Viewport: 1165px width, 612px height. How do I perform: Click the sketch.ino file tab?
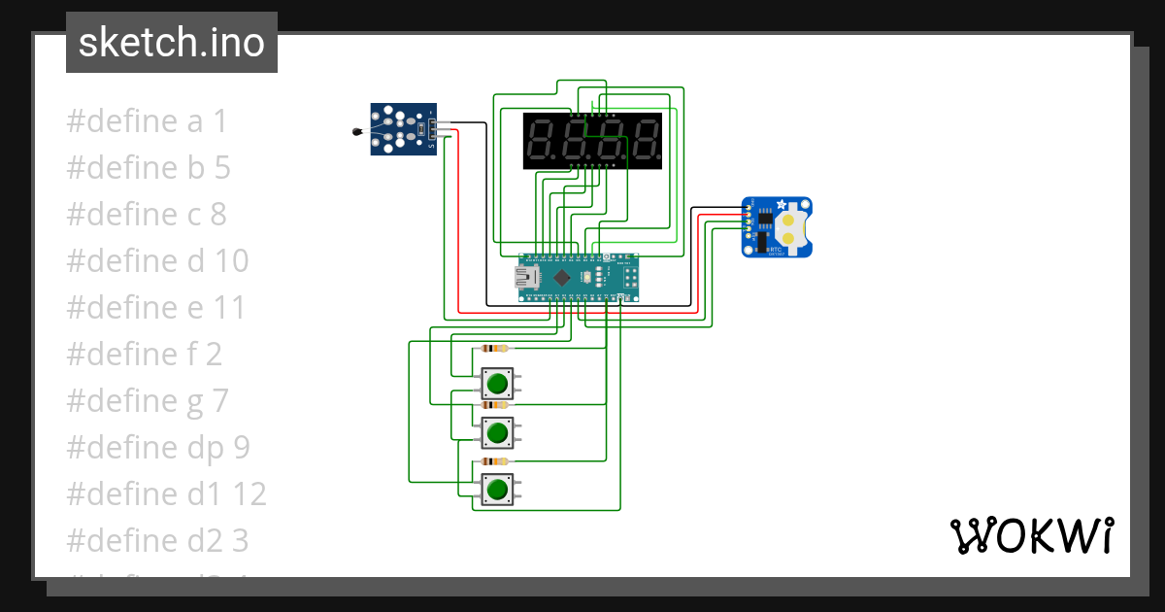(171, 43)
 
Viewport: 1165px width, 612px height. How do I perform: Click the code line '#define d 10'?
(157, 261)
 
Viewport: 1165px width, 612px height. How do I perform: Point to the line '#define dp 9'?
(158, 448)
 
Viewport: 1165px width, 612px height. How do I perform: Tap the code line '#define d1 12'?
(166, 494)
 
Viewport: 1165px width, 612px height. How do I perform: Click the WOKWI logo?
(1030, 535)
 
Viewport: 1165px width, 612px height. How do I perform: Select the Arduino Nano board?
(579, 278)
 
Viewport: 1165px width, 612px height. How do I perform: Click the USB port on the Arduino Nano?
(527, 279)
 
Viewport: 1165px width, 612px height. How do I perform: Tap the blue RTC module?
(777, 226)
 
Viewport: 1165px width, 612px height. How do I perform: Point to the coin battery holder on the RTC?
(792, 227)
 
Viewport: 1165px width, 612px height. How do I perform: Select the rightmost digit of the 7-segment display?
(645, 141)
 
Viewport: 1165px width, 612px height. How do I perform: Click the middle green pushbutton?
(498, 430)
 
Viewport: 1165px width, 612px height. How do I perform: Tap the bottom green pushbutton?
(498, 488)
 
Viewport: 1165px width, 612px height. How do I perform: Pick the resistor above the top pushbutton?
(495, 348)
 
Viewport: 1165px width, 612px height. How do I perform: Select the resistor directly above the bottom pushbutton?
(495, 461)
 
